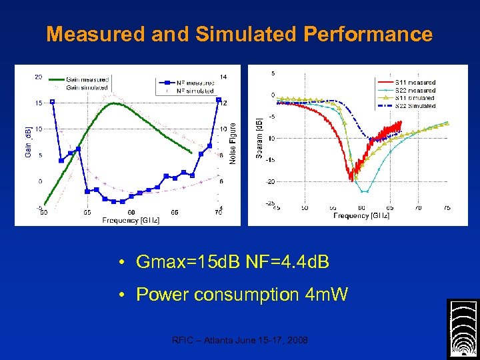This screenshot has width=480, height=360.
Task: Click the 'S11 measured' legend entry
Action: tap(415, 83)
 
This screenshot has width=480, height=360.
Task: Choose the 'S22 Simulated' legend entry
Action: tap(415, 106)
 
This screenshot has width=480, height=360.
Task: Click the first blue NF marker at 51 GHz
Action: tap(53, 101)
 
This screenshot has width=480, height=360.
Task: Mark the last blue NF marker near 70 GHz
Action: tap(218, 100)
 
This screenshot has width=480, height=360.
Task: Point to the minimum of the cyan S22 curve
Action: tap(363, 191)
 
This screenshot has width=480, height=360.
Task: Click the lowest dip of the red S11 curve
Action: tap(351, 179)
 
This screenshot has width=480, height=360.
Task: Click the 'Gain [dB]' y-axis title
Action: tap(29, 143)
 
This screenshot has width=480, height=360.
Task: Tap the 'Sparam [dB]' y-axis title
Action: tap(259, 138)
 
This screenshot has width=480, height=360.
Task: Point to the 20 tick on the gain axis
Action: tap(39, 77)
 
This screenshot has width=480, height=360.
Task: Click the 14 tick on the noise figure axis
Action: tap(223, 77)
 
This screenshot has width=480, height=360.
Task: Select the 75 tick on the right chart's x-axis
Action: tap(447, 208)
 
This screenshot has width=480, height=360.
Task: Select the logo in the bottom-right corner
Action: tap(462, 329)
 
